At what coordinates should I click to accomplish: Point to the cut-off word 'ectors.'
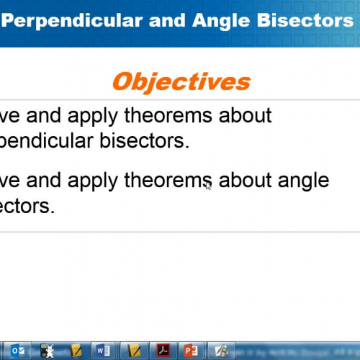pyautogui.click(x=27, y=206)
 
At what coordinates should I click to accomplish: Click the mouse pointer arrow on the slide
pyautogui.click(x=208, y=186)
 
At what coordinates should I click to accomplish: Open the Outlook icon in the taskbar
pyautogui.click(x=19, y=351)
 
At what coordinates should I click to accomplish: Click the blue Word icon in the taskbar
pyautogui.click(x=101, y=351)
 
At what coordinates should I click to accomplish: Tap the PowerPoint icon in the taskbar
pyautogui.click(x=191, y=351)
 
